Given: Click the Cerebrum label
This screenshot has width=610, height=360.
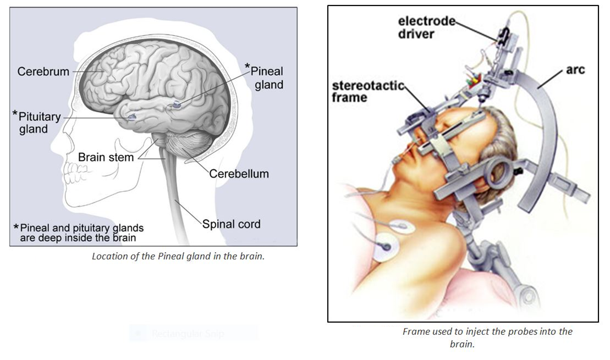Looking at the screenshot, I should coord(43,71).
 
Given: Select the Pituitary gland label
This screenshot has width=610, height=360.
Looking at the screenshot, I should coord(37,123).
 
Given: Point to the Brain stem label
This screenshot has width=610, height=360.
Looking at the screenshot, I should coord(106,157).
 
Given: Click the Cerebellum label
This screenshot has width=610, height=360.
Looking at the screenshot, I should coord(239,174).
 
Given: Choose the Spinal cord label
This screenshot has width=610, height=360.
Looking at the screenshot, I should coord(231,224).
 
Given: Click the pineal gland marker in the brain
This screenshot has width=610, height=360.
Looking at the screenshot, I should coord(177,104).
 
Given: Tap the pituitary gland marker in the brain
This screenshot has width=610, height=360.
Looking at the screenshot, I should coord(131,117).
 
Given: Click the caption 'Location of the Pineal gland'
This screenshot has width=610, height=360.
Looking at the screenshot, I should coord(178,256).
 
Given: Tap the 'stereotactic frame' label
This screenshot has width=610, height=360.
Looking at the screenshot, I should coord(356,92).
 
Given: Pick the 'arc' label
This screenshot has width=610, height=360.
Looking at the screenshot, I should coord(575,70).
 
